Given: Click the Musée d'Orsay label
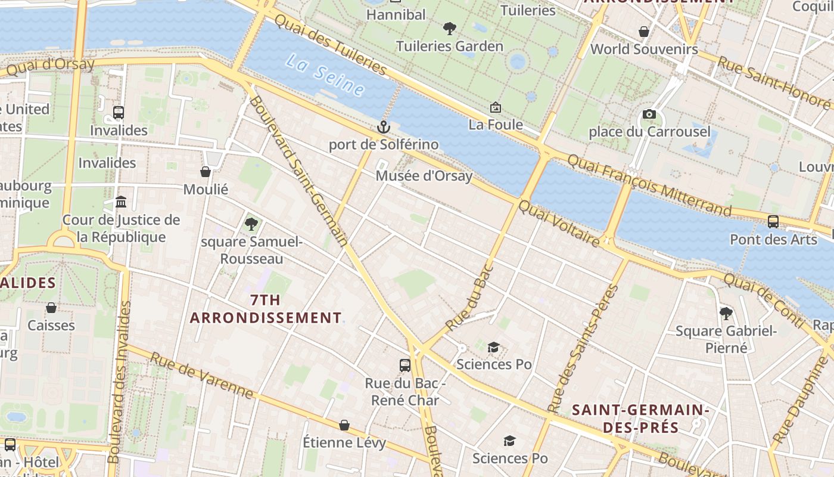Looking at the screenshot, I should (x=424, y=176).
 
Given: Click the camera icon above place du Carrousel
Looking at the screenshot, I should (x=649, y=114).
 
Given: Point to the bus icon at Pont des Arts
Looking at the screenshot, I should (x=773, y=221).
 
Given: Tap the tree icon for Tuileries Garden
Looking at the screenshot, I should (x=450, y=28).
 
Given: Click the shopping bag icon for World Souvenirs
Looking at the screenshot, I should (x=644, y=31).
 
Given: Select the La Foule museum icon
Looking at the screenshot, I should (x=495, y=107).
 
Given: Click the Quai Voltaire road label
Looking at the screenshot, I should (x=559, y=224).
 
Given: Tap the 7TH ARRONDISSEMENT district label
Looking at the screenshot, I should (x=266, y=309).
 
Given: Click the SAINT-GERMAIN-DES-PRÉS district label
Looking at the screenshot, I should (x=640, y=419).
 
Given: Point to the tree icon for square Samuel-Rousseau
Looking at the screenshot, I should (x=251, y=224).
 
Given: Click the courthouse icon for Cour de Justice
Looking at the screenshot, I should (x=121, y=202).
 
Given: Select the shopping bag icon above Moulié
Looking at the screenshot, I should (x=206, y=172).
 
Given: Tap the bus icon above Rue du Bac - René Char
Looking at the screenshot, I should (x=405, y=365).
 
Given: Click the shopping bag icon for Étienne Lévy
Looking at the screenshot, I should (x=344, y=425).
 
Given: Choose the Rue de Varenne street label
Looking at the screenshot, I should (x=201, y=375).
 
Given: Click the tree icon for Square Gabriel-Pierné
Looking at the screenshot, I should (x=726, y=313).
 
